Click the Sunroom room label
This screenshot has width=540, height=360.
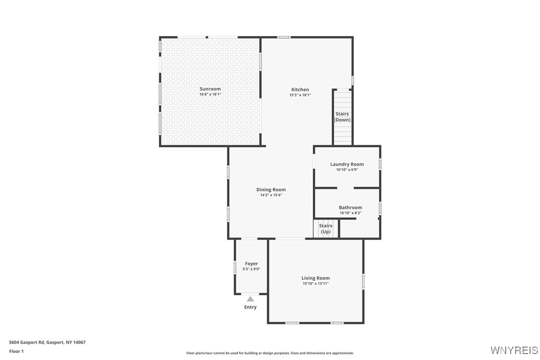pos(210,89)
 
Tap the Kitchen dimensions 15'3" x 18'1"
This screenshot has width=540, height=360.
pos(300,95)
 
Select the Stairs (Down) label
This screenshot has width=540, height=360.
pos(342,117)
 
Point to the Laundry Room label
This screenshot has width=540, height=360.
pos(347,164)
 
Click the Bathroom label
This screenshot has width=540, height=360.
pos(350,207)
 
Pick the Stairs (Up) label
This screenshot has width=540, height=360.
pos(326,229)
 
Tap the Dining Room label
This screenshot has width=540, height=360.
pos(271,189)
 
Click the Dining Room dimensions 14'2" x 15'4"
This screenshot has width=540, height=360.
pos(271,195)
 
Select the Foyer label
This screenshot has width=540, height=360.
pos(251,264)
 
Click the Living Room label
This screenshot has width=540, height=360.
pos(315,278)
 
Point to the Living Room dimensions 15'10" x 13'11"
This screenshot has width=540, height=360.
pos(315,283)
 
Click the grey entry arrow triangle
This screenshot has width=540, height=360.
pos(250,299)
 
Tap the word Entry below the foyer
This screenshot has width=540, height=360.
pos(250,307)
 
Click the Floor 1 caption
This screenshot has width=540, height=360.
pos(16,351)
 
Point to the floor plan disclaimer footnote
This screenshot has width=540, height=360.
pos(270,353)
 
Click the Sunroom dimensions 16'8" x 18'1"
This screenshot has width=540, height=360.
pos(210,94)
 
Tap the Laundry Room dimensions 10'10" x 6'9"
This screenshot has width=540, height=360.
pos(347,170)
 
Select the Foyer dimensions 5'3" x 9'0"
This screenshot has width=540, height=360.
pos(251,269)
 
